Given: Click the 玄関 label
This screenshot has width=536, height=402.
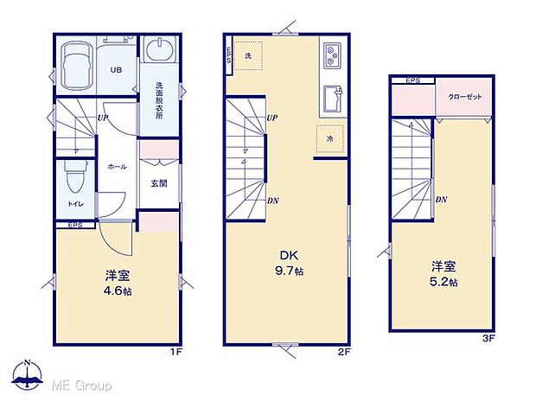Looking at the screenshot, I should pos(158,182).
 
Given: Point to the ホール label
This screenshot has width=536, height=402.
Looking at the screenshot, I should pos(118,166).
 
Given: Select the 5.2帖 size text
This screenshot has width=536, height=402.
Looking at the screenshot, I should pos(441,282).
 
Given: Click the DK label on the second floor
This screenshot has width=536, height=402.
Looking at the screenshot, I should pos(289,254).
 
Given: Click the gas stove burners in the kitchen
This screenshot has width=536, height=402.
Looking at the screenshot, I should pos(333,56).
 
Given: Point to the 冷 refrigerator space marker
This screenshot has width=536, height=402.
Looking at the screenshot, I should pos(330,137).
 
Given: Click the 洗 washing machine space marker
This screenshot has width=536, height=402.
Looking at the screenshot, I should pos(247,55).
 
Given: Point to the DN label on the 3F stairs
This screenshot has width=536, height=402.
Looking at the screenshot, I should pos(441,200).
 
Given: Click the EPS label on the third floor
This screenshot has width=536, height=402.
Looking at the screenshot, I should pos(413,80).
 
